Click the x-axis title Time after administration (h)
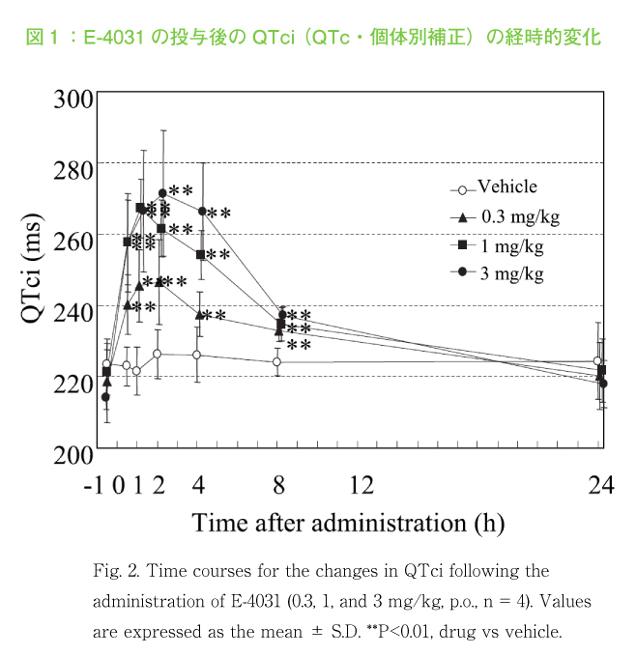tap(347, 523)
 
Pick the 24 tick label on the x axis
tap(600, 484)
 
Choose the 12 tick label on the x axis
tap(361, 484)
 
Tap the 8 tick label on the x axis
tap(279, 484)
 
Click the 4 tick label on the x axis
tap(198, 484)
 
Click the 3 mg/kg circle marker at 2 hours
tap(162, 193)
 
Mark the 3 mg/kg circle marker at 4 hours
tap(202, 212)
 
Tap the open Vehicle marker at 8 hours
tap(277, 362)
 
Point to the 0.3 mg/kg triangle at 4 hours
tap(198, 315)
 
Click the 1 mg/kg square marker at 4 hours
tap(200, 254)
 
